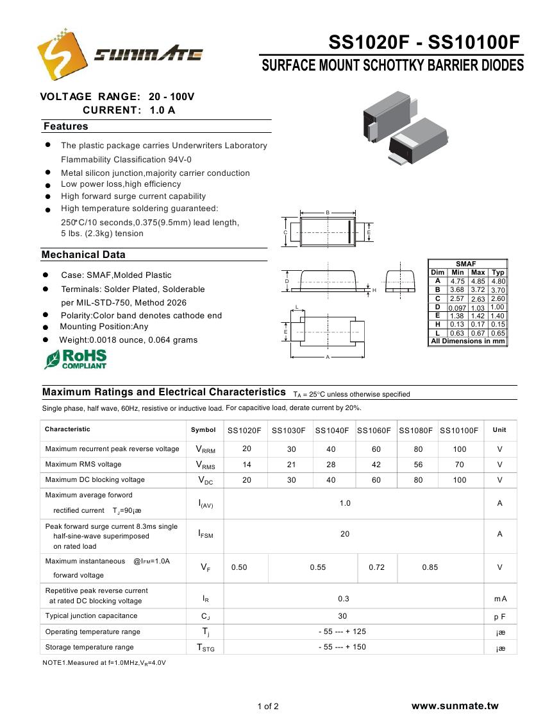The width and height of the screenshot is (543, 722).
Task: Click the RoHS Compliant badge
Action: pos(76,359)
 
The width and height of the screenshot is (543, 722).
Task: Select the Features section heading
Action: pos(65,126)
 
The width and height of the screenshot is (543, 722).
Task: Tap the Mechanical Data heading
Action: pos(83,255)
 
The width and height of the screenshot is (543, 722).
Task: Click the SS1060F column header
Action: pos(374,431)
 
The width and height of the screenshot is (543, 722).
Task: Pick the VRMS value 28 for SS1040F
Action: pos(331,465)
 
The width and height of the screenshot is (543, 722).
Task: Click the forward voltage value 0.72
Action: pos(376,567)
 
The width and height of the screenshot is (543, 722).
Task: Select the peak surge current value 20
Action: pos(345,534)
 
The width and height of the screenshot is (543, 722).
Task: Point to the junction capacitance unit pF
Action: pos(499,616)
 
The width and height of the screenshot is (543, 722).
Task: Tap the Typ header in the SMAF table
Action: pos(498,273)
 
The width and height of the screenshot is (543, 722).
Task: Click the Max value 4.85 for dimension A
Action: pos(478,281)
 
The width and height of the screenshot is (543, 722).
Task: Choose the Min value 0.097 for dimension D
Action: pos(457,308)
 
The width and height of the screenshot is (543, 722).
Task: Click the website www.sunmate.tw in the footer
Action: pos(455,706)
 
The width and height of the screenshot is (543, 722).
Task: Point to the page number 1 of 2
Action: pos(268,707)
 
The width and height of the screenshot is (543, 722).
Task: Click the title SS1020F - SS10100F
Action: pos(424,42)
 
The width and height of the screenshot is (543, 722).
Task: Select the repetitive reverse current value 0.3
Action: pos(344,599)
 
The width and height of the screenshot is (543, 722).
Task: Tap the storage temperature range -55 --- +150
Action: pos(342,647)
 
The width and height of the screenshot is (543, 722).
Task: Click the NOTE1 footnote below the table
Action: pos(104,662)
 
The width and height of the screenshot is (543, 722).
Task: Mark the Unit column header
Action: pos(499,430)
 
